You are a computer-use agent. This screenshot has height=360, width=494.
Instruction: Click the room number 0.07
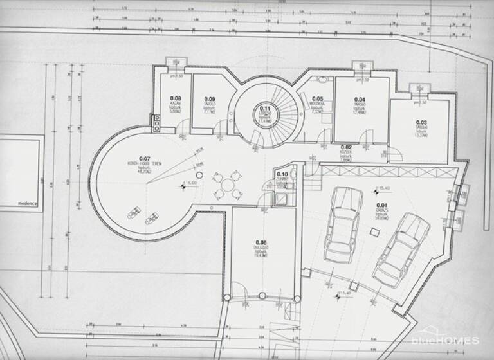(x=143, y=158)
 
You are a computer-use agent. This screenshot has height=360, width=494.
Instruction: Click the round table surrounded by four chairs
(x=228, y=184)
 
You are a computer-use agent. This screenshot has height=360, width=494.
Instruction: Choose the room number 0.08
(x=175, y=98)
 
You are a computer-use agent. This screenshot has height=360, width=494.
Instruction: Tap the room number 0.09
(x=210, y=98)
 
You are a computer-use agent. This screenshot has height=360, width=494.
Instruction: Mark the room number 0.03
(x=421, y=122)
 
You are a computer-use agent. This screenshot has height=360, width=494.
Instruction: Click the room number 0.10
(x=282, y=174)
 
